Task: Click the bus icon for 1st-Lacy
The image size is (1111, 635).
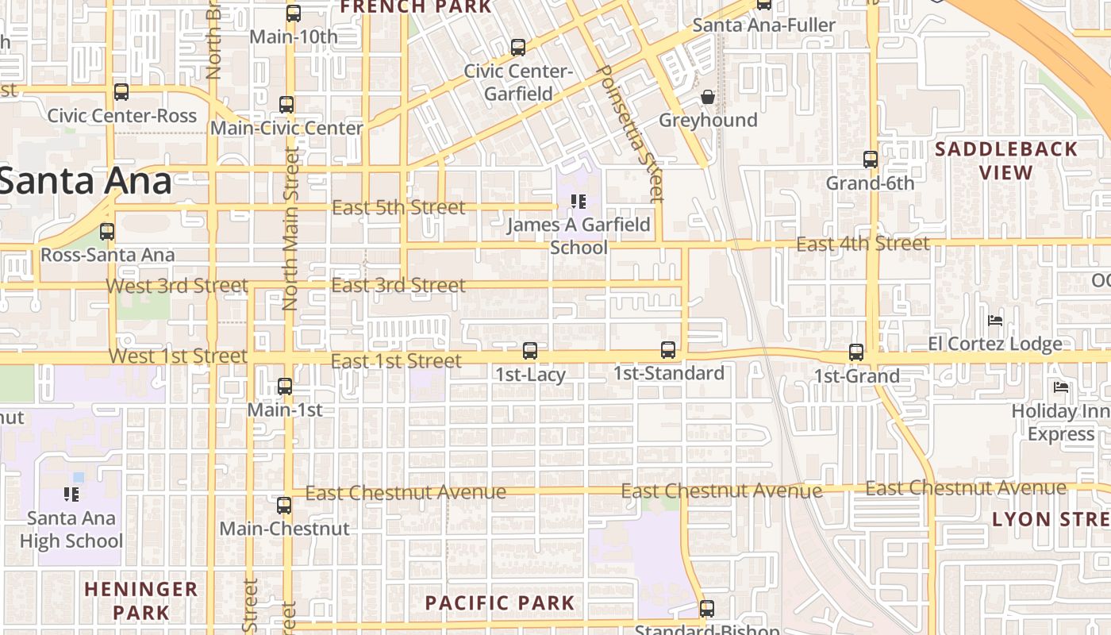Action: click(x=530, y=350)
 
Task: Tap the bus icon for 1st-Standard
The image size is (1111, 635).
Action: click(x=668, y=350)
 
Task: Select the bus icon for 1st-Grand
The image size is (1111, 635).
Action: click(x=856, y=352)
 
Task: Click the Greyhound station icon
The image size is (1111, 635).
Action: click(x=708, y=97)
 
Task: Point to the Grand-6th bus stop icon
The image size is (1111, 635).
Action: click(x=871, y=159)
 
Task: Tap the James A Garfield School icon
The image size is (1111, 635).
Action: click(x=579, y=202)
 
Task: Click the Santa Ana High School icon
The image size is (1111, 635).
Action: click(x=71, y=495)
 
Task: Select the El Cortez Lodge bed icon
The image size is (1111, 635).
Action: click(x=995, y=321)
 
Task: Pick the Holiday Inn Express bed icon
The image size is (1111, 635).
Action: click(x=1061, y=387)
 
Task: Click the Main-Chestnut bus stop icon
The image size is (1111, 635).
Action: click(x=284, y=505)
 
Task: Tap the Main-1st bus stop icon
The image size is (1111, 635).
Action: click(x=285, y=387)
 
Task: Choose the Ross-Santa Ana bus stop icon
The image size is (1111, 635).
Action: click(x=107, y=232)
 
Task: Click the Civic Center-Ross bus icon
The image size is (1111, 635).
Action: click(x=121, y=92)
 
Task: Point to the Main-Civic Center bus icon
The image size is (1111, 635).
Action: click(x=286, y=104)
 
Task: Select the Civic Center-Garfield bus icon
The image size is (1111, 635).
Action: click(x=518, y=48)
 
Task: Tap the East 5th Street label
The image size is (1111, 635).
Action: click(x=398, y=208)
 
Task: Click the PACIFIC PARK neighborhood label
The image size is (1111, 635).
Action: click(x=500, y=602)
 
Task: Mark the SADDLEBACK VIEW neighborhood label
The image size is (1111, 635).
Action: click(x=1006, y=160)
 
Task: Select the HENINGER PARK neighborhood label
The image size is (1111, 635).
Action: click(x=141, y=600)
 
